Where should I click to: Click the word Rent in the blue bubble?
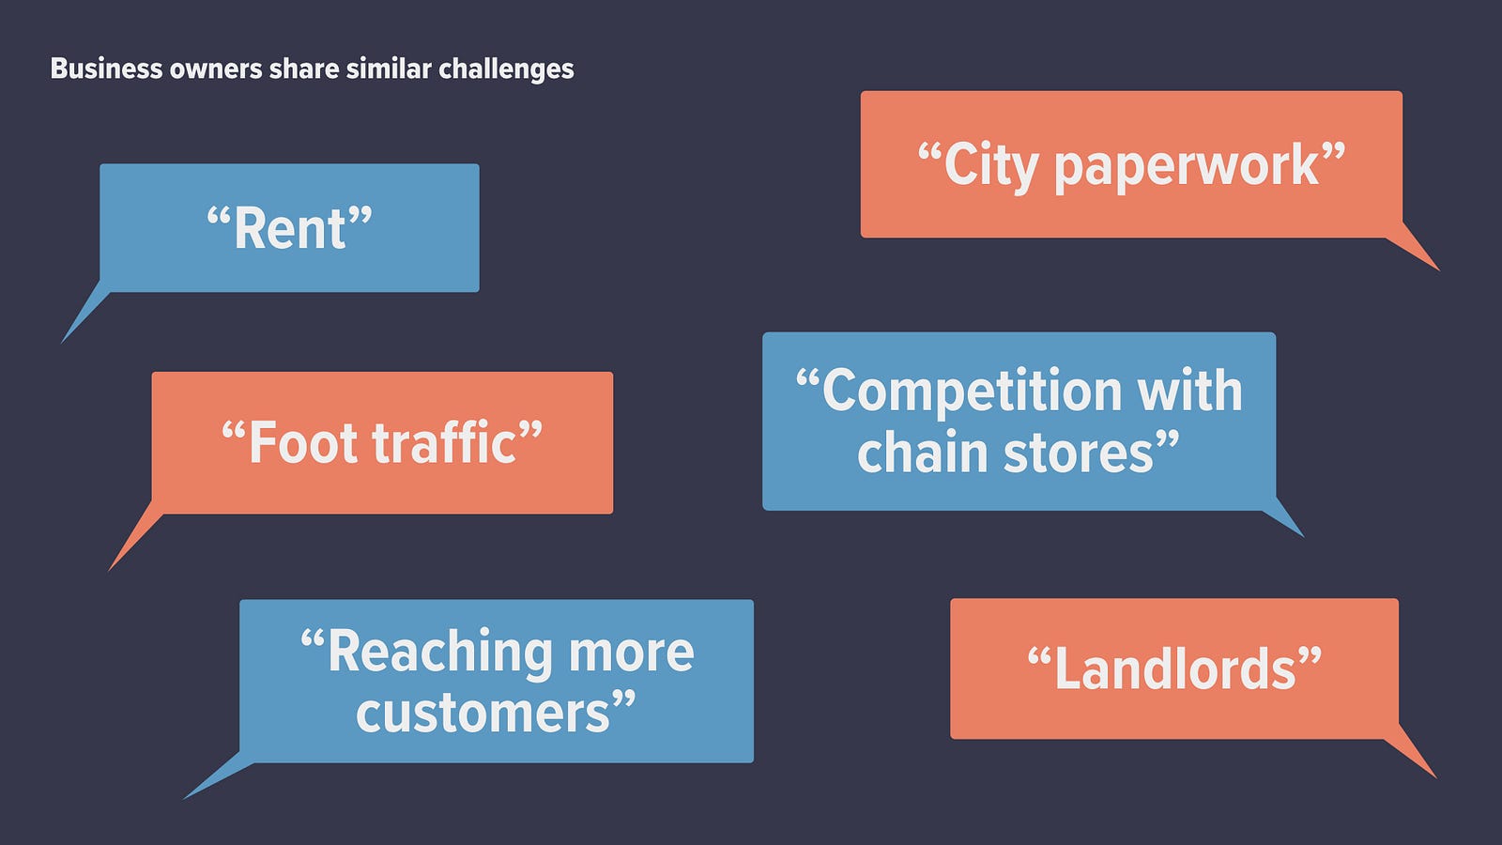coord(290,229)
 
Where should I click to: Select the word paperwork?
coord(1187,168)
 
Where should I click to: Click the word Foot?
coord(304,442)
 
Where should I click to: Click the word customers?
coord(483,714)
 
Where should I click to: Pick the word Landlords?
coord(1174,668)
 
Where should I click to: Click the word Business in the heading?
coord(106,69)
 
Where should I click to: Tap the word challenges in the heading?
coord(506,69)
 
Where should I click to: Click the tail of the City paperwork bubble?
coord(1414,248)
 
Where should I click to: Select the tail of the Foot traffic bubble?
coord(135,536)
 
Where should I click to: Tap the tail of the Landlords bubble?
coord(1411,752)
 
